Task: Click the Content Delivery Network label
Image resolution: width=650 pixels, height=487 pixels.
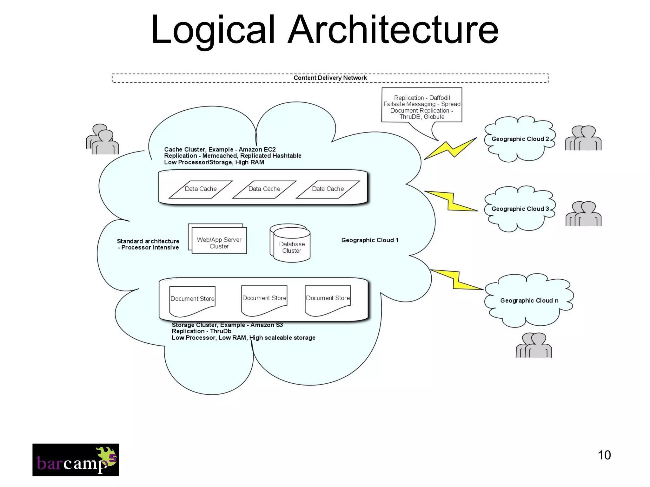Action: (x=330, y=78)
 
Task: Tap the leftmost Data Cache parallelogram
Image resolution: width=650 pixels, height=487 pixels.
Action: (x=201, y=189)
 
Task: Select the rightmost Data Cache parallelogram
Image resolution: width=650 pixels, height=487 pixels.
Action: (x=328, y=189)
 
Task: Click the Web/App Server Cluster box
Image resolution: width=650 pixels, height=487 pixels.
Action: (x=219, y=243)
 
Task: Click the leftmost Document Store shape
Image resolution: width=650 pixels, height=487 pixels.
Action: (x=192, y=300)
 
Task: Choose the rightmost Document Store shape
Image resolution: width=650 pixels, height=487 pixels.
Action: (x=328, y=299)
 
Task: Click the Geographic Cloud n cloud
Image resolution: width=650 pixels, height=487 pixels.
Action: (x=529, y=301)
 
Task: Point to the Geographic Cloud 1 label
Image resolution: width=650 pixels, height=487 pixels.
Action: (x=370, y=240)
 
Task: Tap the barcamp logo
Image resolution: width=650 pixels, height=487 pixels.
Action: (x=76, y=460)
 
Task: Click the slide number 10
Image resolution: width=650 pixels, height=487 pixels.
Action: (x=604, y=455)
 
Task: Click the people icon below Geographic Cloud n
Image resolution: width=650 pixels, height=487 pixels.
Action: (x=534, y=346)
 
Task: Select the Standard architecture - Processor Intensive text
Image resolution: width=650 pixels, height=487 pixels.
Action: (x=148, y=244)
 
